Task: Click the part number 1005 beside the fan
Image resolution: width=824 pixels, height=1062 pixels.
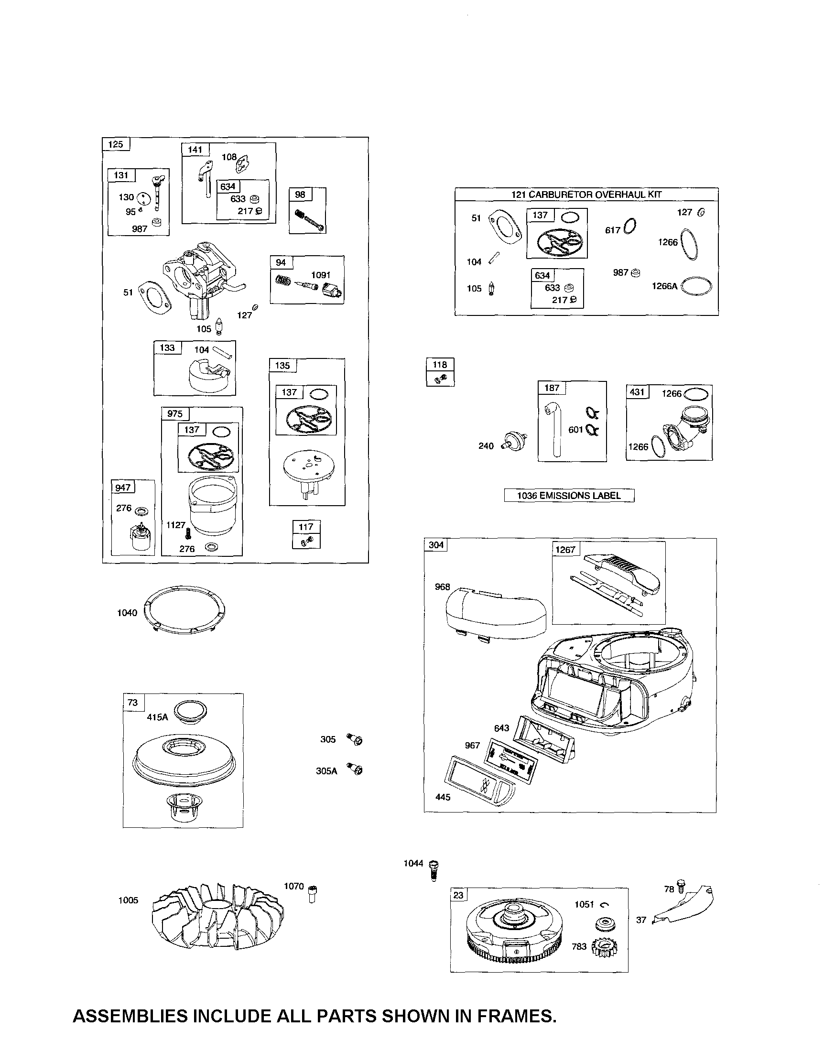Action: [129, 900]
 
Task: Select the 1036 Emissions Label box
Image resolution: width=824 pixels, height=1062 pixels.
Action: [569, 496]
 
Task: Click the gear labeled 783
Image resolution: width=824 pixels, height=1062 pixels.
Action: [604, 947]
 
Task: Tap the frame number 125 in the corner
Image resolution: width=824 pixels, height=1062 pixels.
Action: [116, 144]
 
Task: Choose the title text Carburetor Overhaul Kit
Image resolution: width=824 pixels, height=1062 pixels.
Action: [586, 195]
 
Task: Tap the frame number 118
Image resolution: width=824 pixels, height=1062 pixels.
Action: [440, 365]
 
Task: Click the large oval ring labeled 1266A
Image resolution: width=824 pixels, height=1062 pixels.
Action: [696, 287]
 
